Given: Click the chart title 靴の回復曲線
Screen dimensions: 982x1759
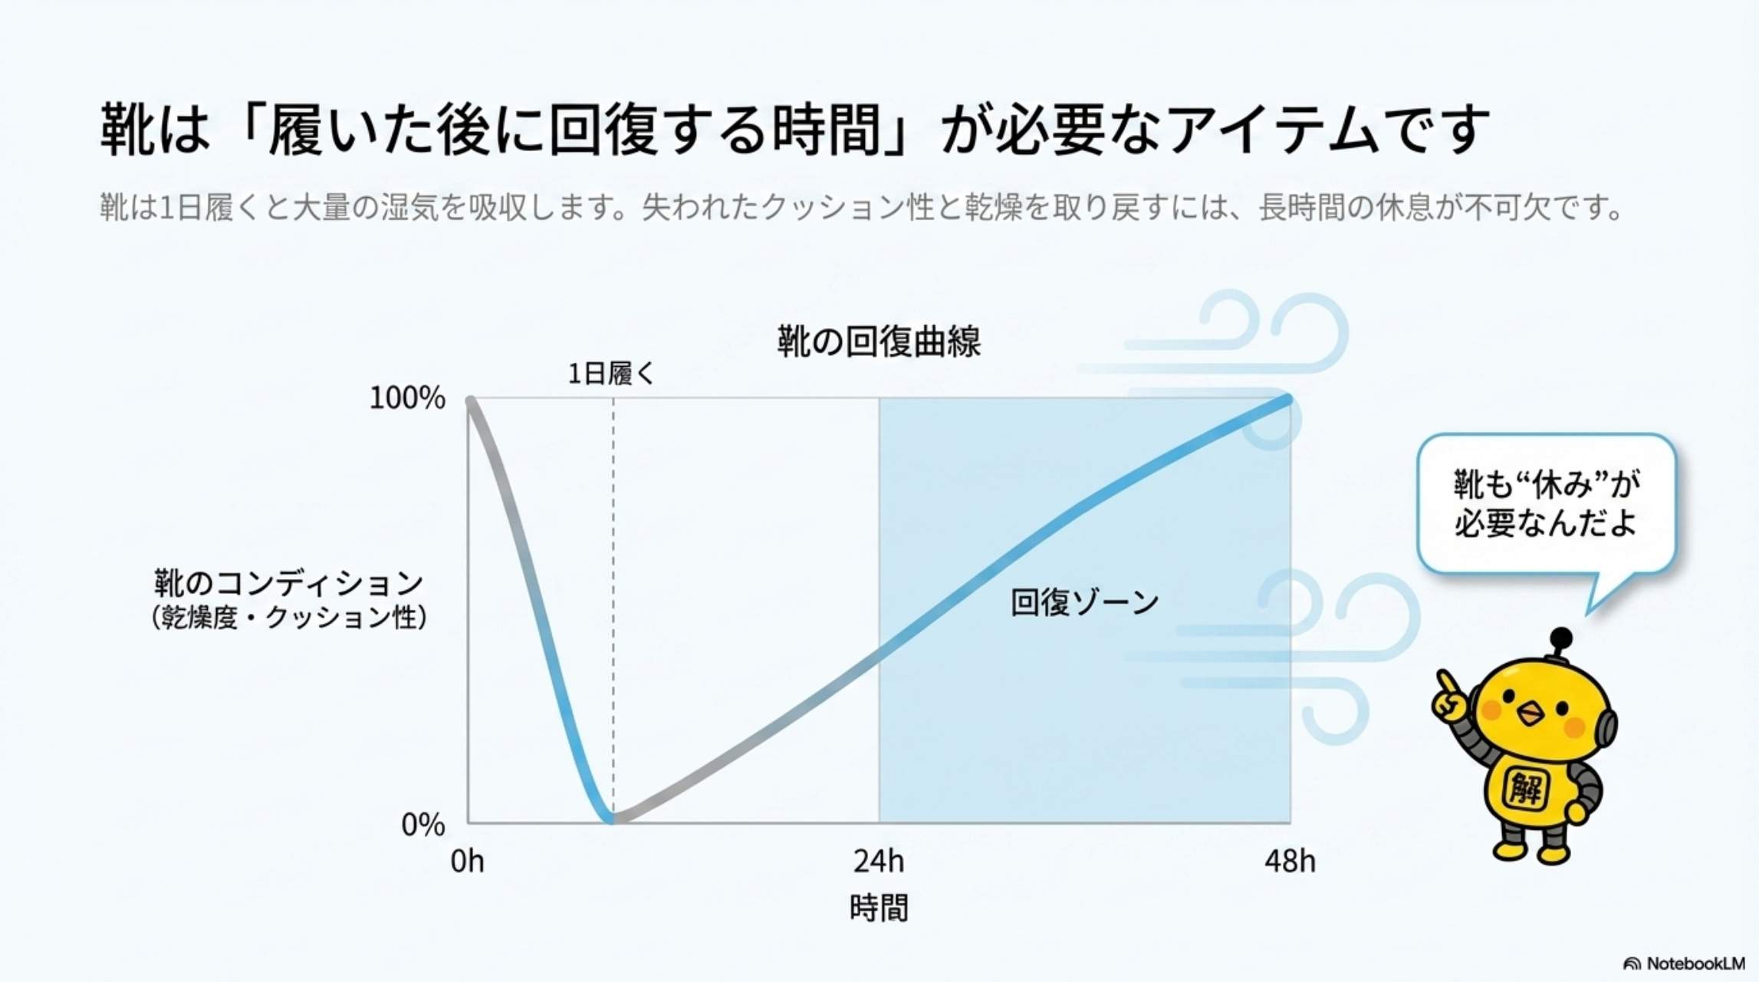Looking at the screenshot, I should click(879, 342).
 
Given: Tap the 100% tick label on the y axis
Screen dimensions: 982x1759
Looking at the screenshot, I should click(407, 398).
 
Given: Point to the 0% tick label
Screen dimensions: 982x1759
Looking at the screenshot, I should click(423, 825).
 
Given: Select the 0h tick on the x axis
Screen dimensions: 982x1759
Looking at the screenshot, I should click(467, 862).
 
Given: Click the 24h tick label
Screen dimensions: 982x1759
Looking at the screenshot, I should click(879, 862).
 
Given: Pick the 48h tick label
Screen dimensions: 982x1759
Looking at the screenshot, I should click(1290, 862).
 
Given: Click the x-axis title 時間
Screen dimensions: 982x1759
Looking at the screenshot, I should click(879, 908).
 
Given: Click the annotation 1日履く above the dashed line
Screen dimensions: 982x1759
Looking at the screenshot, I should click(611, 374).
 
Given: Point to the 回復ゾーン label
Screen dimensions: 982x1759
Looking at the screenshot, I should click(1084, 602).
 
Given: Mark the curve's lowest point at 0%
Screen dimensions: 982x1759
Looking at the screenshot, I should click(611, 819).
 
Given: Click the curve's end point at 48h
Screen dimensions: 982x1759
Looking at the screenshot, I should click(1288, 400).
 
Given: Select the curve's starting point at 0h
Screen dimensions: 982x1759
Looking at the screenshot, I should click(471, 400).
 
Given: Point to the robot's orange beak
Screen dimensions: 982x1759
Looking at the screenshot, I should click(1530, 715).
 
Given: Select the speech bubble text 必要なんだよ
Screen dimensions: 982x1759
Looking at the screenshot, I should click(1545, 523).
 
